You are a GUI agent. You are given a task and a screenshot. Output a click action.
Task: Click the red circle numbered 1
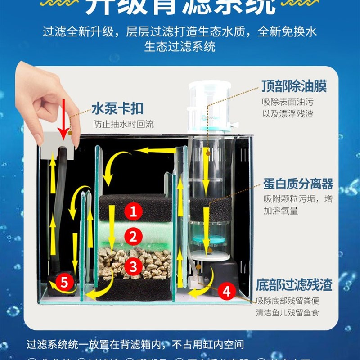pos(133,211)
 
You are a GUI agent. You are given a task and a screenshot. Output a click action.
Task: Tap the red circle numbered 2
pos(133,236)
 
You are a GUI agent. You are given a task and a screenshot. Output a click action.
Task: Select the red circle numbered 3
pos(133,266)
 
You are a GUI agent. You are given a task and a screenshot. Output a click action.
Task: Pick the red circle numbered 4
pos(227,292)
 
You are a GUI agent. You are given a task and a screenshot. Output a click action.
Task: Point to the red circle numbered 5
pos(65,283)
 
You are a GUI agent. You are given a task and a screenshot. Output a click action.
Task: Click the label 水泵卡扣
pos(117,108)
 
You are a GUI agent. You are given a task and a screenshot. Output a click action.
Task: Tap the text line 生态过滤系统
pos(180,46)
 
